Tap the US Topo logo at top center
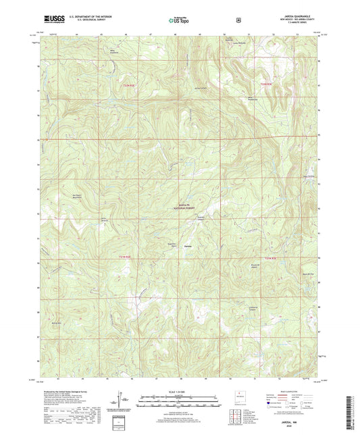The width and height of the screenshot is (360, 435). [x=179, y=20]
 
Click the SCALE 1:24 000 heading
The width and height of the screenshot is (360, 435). [x=180, y=392]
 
